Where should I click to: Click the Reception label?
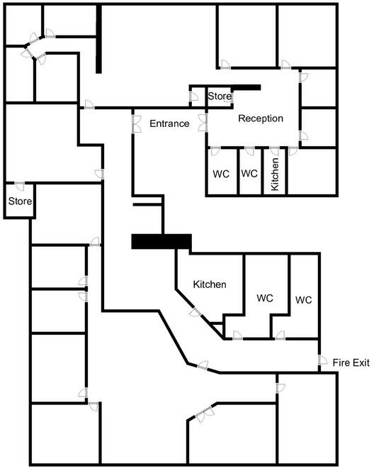point(261,118)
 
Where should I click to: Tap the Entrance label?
point(169,123)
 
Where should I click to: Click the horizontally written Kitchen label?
point(210,284)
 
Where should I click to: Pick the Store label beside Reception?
point(220,96)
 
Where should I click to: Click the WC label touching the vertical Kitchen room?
point(248,173)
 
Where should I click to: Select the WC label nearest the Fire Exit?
point(303,300)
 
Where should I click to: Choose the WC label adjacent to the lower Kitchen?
point(265,297)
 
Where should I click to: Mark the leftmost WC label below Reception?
point(220,173)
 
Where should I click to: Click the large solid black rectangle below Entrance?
point(161,241)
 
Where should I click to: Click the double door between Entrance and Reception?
point(203,123)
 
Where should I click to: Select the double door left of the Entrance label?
point(134,123)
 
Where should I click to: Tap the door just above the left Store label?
point(19,187)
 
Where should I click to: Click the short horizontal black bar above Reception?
point(246,88)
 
